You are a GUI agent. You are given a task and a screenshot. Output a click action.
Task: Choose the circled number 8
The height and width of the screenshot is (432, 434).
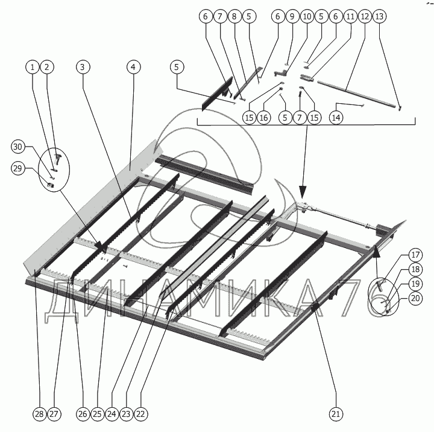pos(234,17)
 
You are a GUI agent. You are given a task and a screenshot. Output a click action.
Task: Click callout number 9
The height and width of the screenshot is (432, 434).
pos(292,17)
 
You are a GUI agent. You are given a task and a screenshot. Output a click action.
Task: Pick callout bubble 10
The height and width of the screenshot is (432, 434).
pos(307,17)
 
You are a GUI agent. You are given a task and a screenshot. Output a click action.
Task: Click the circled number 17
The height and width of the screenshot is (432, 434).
pos(380,253)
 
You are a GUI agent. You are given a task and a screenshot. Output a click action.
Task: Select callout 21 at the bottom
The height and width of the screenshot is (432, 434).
pos(336,414)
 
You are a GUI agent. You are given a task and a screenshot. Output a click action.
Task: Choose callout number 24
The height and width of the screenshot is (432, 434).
pos(112,414)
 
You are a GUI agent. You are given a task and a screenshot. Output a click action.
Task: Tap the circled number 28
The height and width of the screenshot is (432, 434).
pos(39,414)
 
